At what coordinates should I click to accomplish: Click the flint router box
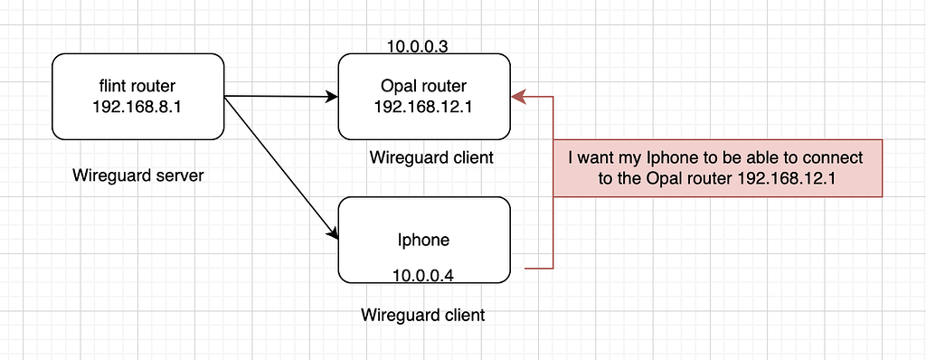click(x=137, y=96)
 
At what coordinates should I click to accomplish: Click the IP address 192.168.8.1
click(x=137, y=107)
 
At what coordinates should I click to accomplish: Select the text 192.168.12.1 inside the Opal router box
click(x=424, y=107)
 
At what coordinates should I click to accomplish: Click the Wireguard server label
click(x=138, y=175)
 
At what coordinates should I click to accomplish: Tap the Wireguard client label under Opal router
click(x=431, y=157)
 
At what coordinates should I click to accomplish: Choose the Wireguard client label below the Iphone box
click(x=422, y=316)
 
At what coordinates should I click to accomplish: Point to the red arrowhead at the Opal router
click(x=518, y=95)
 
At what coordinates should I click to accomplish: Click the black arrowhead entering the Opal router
click(x=332, y=96)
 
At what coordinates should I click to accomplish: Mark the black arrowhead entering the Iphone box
click(x=332, y=235)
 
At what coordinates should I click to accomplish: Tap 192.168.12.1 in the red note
click(x=785, y=179)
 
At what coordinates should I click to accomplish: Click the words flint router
click(x=137, y=86)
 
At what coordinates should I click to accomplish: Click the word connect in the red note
click(x=835, y=157)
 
